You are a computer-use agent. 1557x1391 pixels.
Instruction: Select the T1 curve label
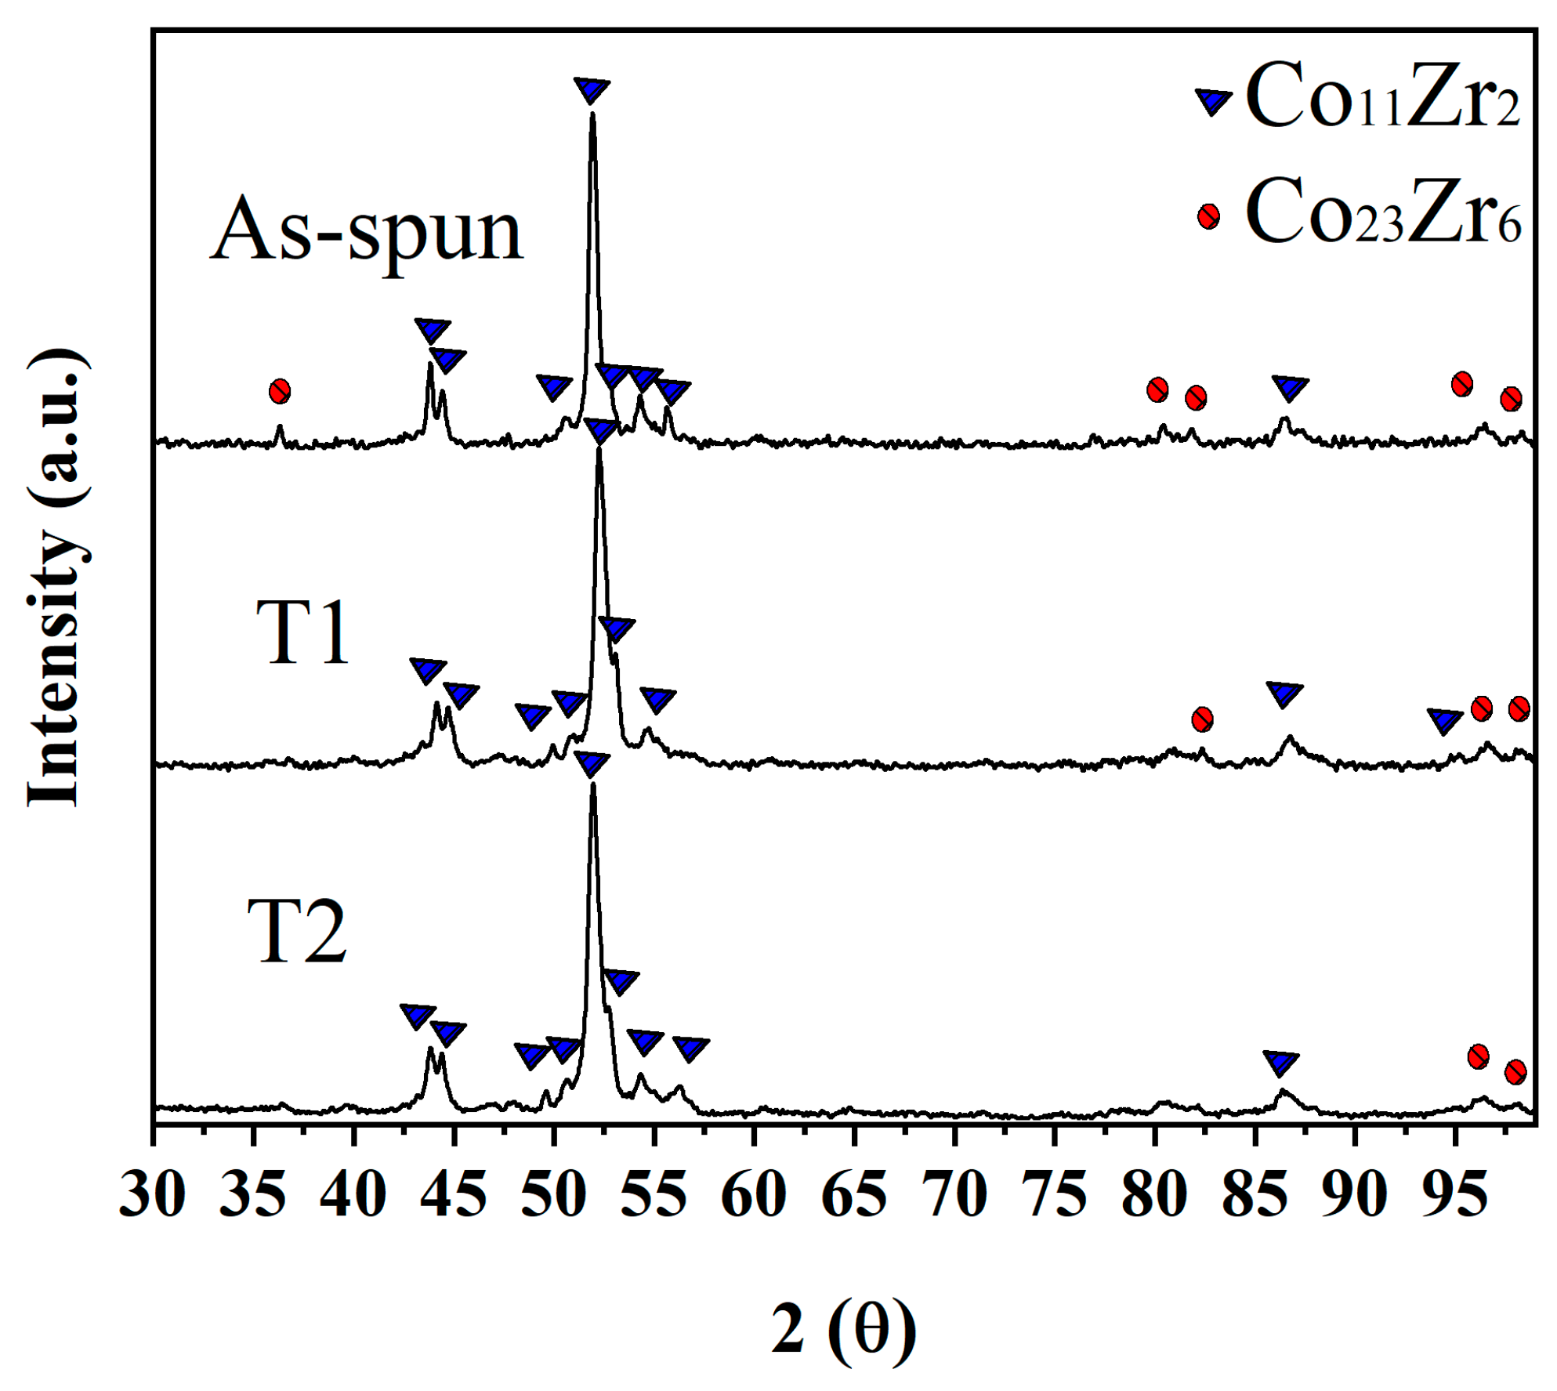[302, 632]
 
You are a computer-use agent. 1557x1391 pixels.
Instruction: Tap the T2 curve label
[297, 932]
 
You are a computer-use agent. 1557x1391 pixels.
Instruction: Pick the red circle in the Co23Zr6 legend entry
[1208, 216]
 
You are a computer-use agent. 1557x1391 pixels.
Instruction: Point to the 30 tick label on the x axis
[153, 1195]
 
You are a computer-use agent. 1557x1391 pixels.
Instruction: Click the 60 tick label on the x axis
[753, 1195]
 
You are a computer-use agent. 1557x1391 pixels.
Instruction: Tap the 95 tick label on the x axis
[1454, 1195]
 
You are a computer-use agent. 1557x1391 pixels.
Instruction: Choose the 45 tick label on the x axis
[453, 1195]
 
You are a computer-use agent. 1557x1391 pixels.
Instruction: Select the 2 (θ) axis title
[843, 1329]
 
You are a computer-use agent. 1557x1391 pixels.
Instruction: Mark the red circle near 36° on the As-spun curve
[280, 391]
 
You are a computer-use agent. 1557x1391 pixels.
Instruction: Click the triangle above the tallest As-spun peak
[592, 89]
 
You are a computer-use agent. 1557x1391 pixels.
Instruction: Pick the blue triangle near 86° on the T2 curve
[1281, 1063]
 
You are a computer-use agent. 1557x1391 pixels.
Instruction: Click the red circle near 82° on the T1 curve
[1202, 719]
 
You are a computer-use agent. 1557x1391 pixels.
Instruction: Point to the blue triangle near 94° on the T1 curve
[1444, 720]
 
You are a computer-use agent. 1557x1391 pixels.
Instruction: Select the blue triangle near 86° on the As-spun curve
[1290, 387]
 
